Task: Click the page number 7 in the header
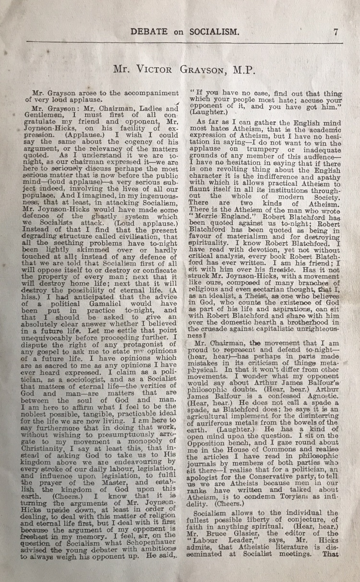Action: pyautogui.click(x=336, y=32)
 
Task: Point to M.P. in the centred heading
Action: pyautogui.click(x=239, y=70)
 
